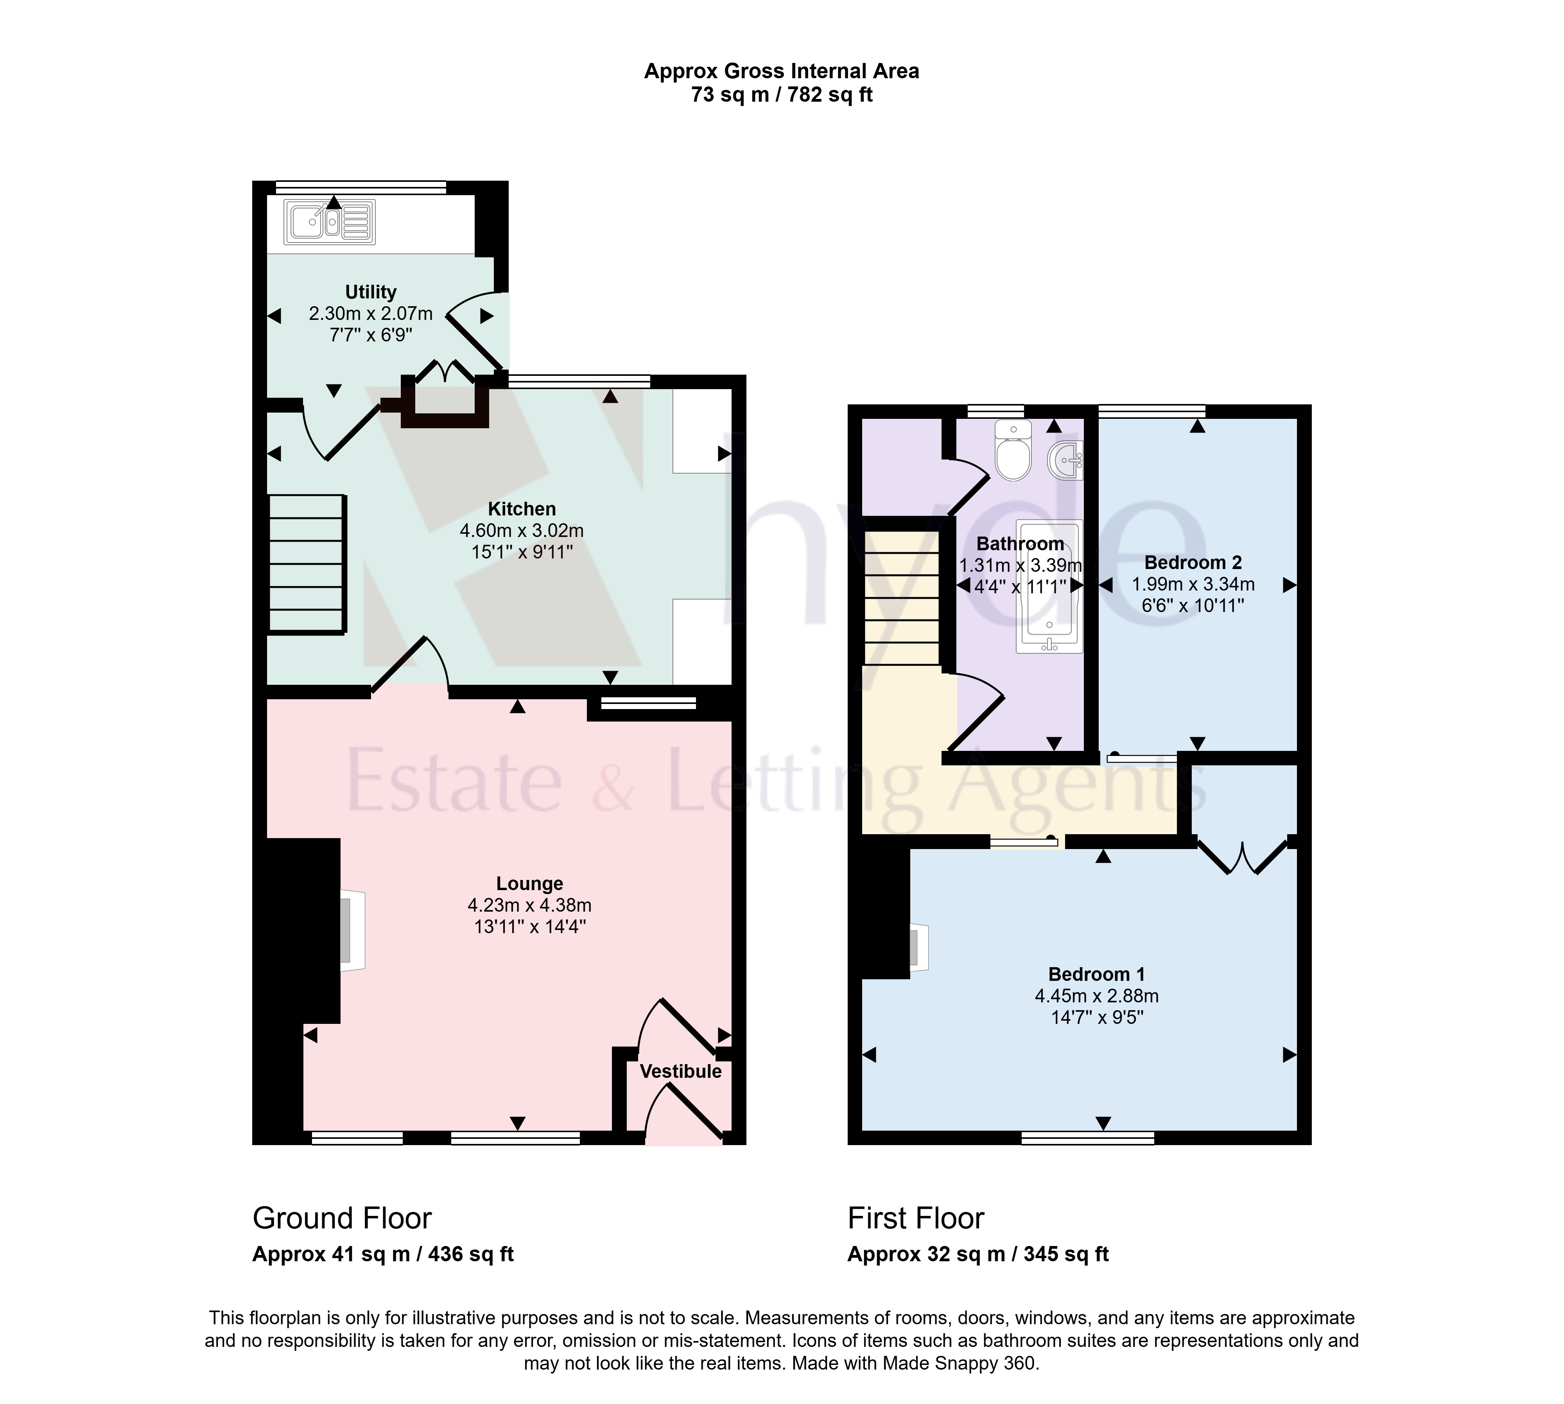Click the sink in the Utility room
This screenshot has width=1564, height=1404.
(330, 222)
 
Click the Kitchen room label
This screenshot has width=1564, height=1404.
(522, 509)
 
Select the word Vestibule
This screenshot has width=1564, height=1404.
(681, 1072)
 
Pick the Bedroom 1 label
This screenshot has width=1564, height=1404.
(1097, 974)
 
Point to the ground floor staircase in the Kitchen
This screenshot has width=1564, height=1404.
(306, 564)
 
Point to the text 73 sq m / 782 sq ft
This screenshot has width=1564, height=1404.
(782, 95)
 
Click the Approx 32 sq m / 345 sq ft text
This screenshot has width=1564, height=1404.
(978, 1254)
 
